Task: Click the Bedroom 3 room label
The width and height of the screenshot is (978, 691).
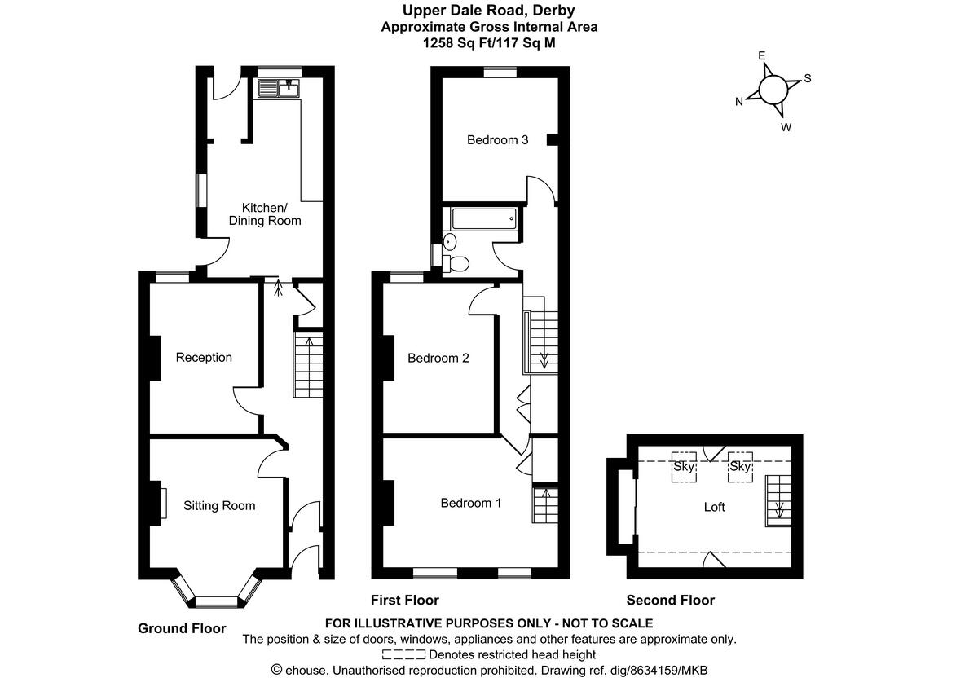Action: coord(497,140)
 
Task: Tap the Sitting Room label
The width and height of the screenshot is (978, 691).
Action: coord(218,506)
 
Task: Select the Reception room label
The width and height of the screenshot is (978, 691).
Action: coord(204,358)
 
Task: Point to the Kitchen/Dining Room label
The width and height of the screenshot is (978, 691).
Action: coord(265,213)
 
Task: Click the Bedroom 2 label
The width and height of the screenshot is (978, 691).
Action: coord(438,358)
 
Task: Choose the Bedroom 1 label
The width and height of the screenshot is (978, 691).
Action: coord(470,503)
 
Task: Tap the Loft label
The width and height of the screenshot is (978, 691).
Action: coord(714,507)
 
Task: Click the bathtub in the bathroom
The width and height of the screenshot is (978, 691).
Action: coord(483,218)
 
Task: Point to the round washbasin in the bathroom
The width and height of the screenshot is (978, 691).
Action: coord(450,240)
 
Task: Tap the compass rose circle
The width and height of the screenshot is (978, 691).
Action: coord(773,88)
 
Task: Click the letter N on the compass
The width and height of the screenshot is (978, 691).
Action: coord(739,102)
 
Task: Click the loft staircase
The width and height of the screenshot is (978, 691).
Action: coord(778,500)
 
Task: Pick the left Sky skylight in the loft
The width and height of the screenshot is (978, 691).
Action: coord(684,468)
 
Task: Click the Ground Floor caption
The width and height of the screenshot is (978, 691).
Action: coord(182,628)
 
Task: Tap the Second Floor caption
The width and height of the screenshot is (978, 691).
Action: coord(670,601)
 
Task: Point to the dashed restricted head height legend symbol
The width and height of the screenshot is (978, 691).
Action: coord(403,654)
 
